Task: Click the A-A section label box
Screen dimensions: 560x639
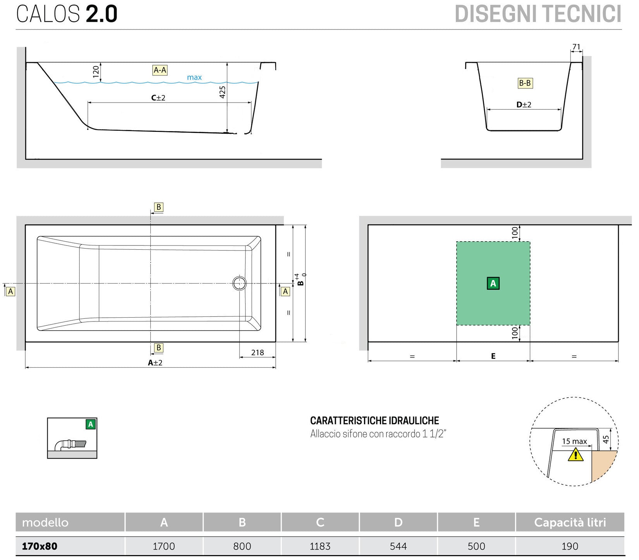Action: (x=160, y=70)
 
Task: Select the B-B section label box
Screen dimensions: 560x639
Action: (x=525, y=83)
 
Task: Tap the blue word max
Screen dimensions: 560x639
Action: (x=194, y=78)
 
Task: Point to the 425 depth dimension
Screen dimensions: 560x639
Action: (x=222, y=92)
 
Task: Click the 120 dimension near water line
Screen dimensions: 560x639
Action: (x=96, y=72)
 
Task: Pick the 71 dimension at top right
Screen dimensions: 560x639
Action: (x=576, y=47)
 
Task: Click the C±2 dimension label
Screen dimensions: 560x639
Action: (x=158, y=98)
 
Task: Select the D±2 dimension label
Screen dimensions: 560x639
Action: (x=524, y=105)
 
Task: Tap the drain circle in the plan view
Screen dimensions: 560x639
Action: (x=239, y=283)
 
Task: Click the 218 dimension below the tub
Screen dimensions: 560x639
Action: (x=257, y=353)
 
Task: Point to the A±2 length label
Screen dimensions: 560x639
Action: (x=155, y=363)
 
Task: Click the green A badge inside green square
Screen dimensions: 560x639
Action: (x=493, y=283)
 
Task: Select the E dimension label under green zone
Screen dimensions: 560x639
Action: (x=493, y=356)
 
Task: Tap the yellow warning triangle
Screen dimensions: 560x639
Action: (x=575, y=454)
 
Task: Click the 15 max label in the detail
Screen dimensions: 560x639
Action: (x=574, y=441)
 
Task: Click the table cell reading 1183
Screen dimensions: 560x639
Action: (x=320, y=546)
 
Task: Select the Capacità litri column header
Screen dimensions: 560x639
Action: (x=570, y=522)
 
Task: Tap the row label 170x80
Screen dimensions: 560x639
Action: (x=40, y=546)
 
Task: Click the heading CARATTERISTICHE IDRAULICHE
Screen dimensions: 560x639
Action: (x=374, y=421)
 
